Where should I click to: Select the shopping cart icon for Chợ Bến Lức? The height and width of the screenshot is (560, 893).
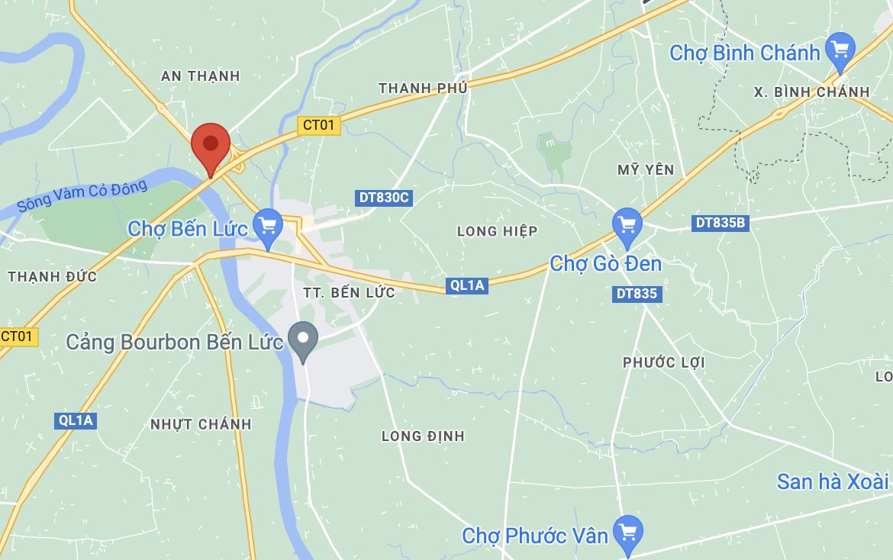[267, 226]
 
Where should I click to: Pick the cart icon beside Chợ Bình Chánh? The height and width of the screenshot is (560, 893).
[840, 50]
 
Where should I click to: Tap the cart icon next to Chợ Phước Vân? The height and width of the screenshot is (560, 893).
[628, 533]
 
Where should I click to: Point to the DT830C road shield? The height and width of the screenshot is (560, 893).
[384, 198]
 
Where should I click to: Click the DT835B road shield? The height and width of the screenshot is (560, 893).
[720, 223]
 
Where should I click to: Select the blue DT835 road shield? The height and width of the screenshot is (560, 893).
[637, 294]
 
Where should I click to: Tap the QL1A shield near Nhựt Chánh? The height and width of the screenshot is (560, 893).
[76, 420]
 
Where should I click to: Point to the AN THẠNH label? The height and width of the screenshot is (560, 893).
[201, 76]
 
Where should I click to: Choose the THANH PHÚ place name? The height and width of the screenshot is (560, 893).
[423, 89]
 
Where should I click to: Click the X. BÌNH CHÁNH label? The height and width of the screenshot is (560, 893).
[811, 92]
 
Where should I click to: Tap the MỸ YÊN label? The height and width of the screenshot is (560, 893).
[646, 169]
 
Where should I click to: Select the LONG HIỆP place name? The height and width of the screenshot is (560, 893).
[497, 231]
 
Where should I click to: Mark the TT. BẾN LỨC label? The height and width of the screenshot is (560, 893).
[349, 293]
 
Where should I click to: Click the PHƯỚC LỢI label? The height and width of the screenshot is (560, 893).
[663, 362]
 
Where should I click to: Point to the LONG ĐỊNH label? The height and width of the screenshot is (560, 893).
[423, 436]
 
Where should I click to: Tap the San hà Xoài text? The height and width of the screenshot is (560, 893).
[833, 481]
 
